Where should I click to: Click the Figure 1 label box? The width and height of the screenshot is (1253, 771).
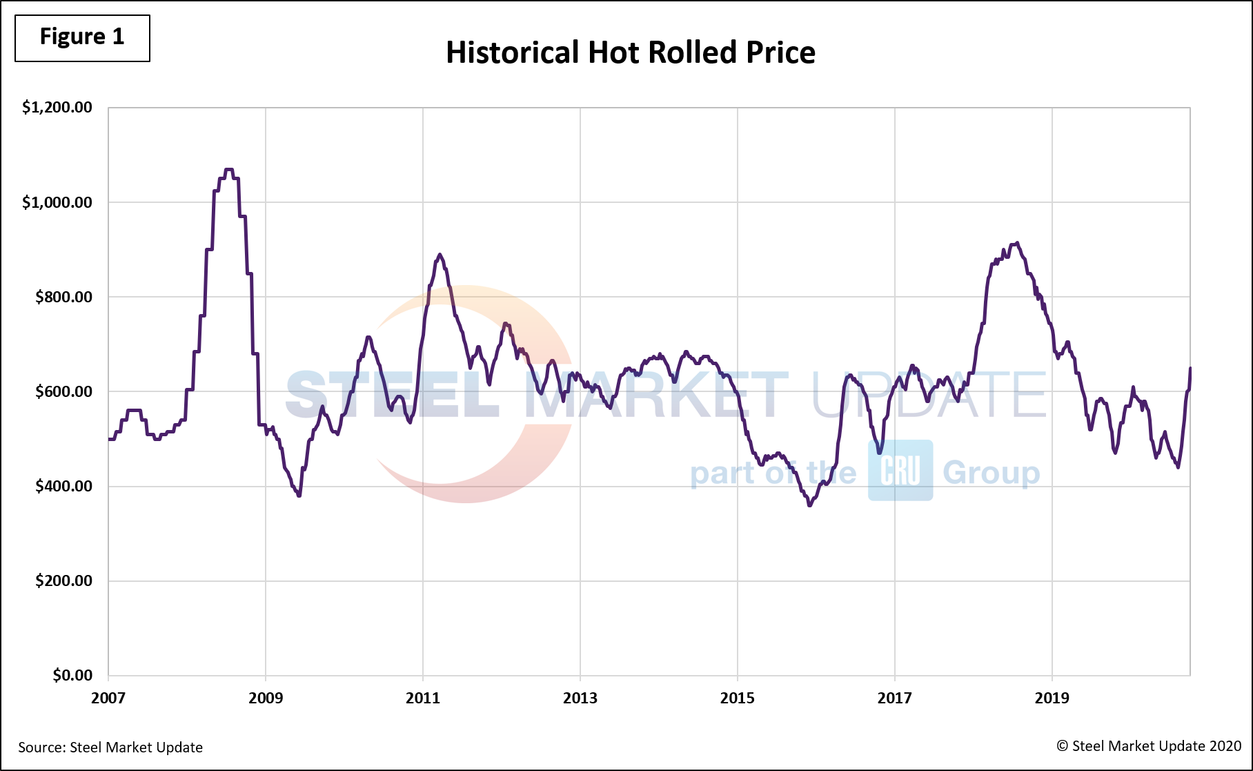(x=82, y=37)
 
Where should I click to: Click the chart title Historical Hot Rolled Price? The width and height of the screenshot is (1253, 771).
(x=630, y=52)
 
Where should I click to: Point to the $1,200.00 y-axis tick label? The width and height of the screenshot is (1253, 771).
(x=57, y=107)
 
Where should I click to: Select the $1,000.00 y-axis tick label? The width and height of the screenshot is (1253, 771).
(x=57, y=202)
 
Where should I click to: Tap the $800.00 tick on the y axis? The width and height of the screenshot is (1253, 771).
(x=63, y=297)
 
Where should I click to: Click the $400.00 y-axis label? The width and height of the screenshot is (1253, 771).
(x=63, y=486)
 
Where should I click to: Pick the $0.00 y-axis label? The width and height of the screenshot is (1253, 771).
(x=72, y=675)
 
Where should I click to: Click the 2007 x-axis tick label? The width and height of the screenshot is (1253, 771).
(x=108, y=698)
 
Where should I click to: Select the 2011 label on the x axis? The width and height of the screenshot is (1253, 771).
(x=423, y=698)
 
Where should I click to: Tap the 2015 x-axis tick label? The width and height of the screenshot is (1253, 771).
(x=738, y=698)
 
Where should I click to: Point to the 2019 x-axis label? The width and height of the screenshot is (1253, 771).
(x=1052, y=698)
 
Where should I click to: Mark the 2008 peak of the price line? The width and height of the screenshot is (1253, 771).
(x=229, y=169)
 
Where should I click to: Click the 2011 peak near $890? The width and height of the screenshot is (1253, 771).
(x=440, y=255)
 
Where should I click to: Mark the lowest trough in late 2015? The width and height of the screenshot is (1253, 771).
(x=810, y=505)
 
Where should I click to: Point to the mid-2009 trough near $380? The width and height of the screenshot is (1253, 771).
(x=299, y=495)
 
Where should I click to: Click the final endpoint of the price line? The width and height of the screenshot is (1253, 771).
(x=1190, y=369)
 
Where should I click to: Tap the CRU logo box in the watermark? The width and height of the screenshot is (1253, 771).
(x=900, y=471)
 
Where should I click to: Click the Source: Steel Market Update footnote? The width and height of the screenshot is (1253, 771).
(x=110, y=748)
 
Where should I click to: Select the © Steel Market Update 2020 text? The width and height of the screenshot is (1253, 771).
(x=1149, y=746)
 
